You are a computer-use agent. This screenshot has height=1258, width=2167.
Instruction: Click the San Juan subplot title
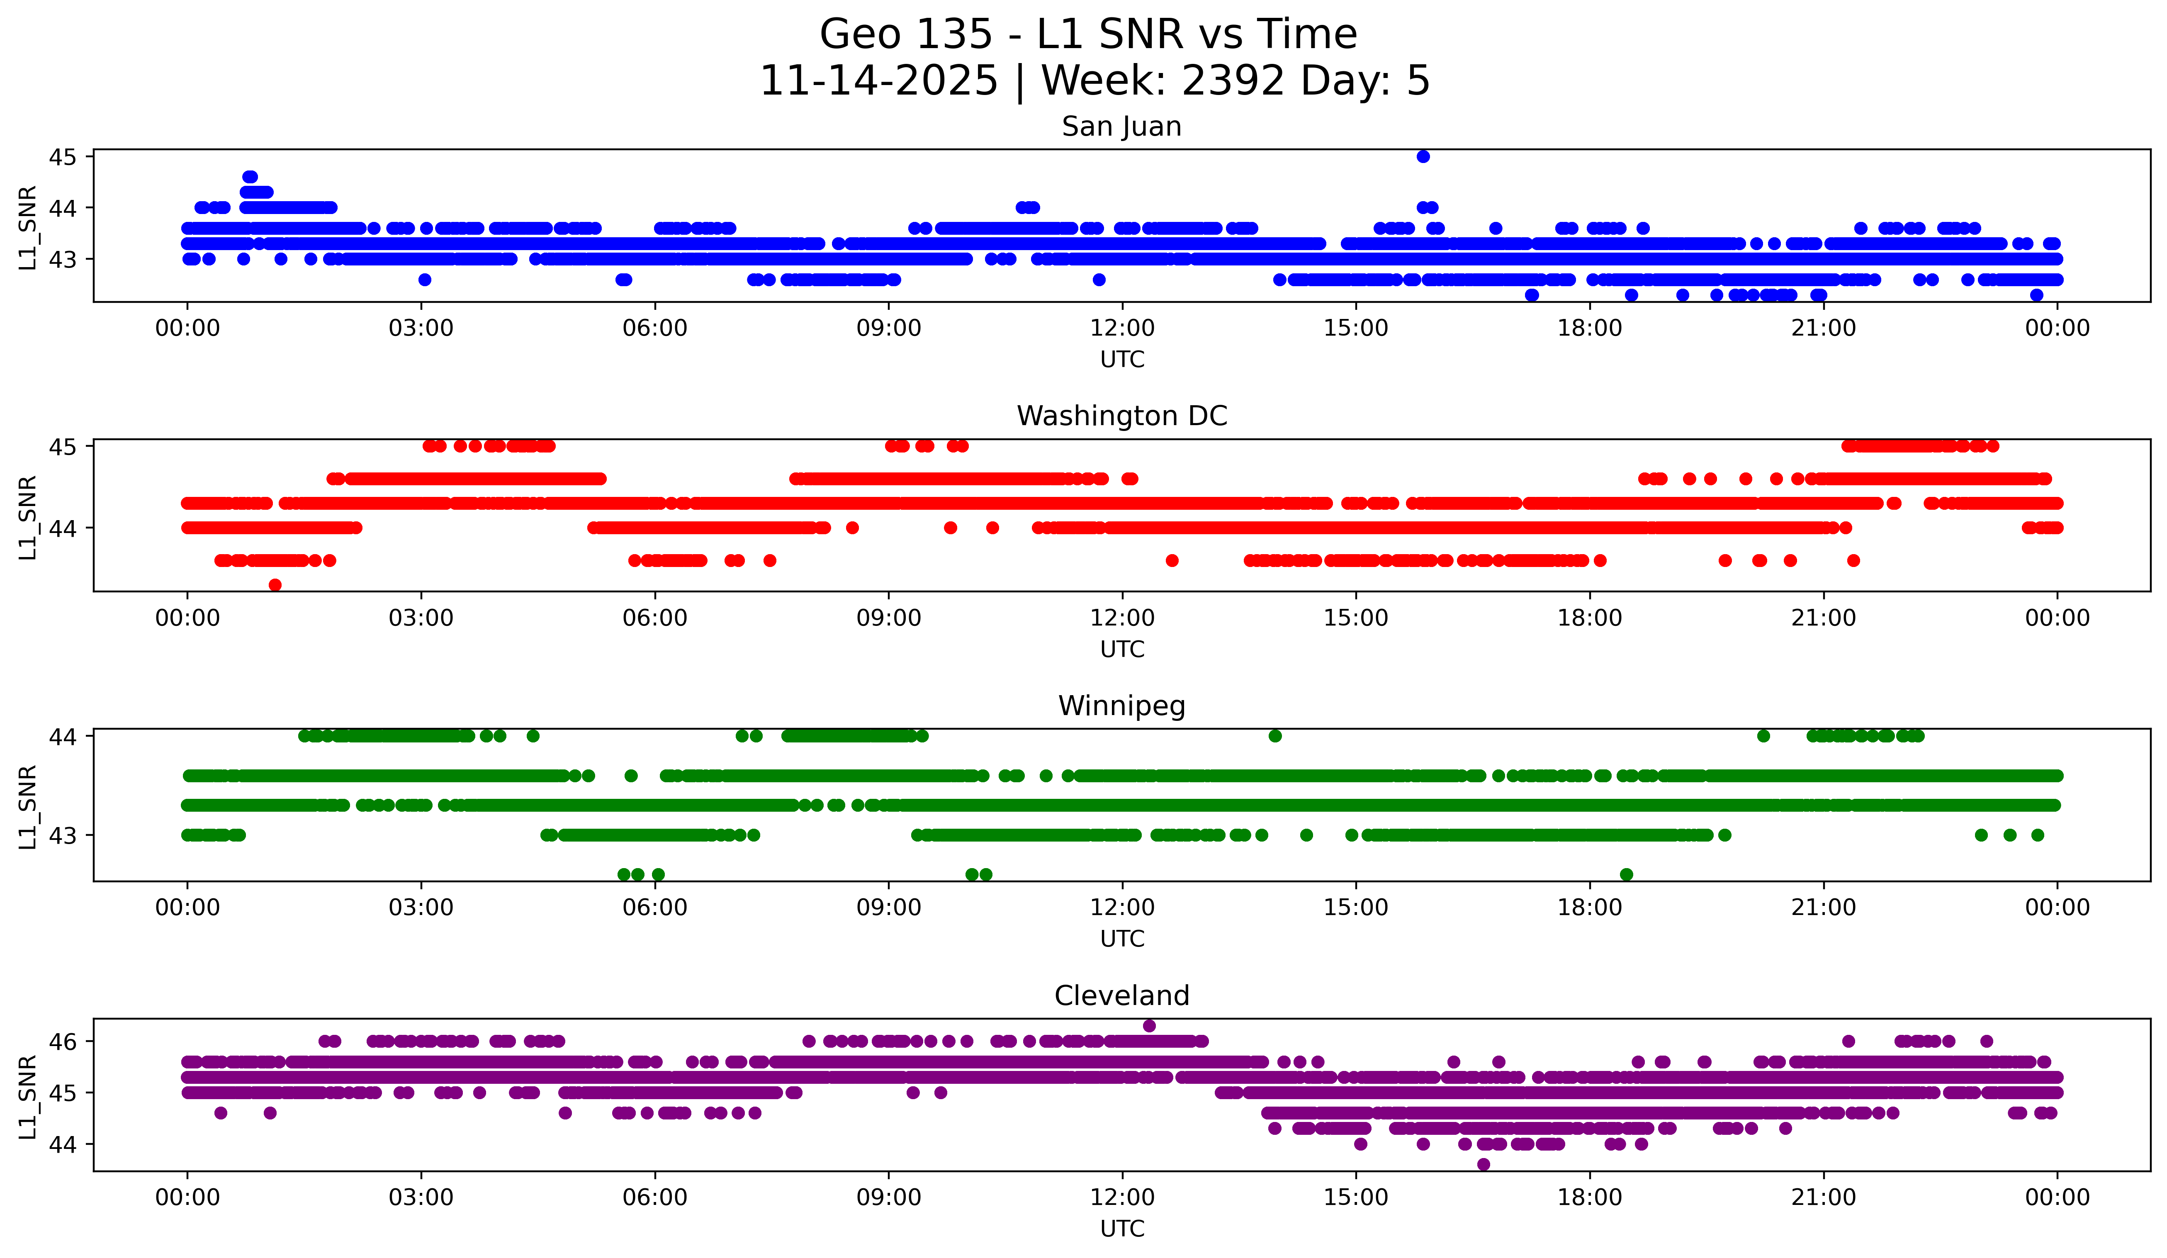[x=1121, y=127]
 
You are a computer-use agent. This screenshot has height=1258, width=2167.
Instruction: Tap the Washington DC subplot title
[x=1121, y=416]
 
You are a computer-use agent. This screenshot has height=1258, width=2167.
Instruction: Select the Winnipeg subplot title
[x=1121, y=706]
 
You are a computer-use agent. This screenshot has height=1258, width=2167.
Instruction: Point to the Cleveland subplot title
[x=1121, y=996]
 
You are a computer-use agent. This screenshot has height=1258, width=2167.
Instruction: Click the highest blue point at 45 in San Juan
[x=1423, y=156]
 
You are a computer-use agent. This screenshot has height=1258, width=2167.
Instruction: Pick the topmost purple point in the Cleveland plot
[x=1149, y=1026]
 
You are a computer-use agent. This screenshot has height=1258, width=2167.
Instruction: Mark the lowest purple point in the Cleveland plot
[x=1484, y=1164]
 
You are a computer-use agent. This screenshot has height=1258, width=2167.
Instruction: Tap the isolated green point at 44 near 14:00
[x=1275, y=736]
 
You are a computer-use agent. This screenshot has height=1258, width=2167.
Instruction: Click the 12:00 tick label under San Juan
[x=1122, y=328]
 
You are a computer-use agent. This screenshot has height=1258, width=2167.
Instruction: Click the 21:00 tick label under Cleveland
[x=1823, y=1198]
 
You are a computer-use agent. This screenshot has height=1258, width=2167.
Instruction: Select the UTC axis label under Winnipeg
[x=1122, y=939]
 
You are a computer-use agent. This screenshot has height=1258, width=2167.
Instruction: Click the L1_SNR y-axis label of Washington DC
[x=27, y=518]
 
